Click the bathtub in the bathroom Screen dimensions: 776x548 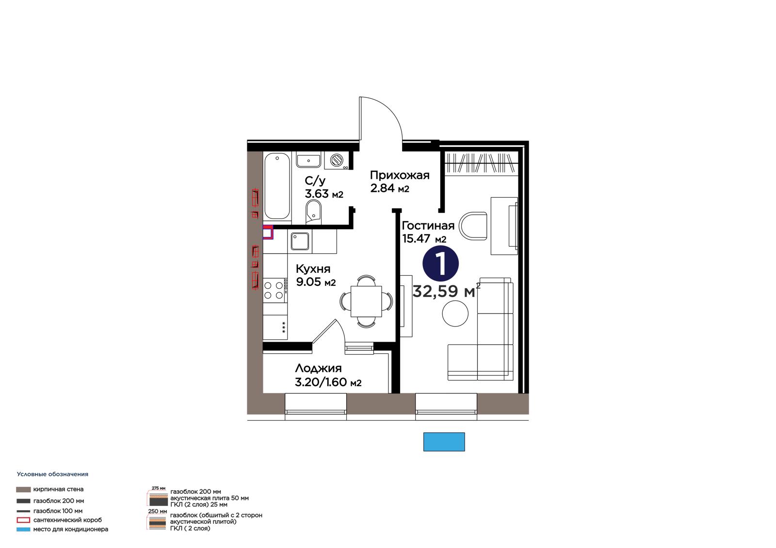click(277, 186)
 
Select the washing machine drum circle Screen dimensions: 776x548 click(337, 160)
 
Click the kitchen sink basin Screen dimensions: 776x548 click(300, 241)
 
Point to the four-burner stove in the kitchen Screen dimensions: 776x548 click(275, 290)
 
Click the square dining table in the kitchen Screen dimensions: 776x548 click(366, 301)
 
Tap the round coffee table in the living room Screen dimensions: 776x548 click(455, 313)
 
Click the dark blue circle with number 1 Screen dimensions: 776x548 click(441, 264)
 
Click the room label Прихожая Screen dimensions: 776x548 click(400, 175)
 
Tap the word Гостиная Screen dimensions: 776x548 click(428, 226)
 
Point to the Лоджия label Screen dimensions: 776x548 click(318, 368)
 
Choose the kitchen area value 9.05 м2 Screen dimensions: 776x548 click(316, 282)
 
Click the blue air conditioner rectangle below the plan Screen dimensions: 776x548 click(444, 442)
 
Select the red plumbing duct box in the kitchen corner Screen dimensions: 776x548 click(268, 232)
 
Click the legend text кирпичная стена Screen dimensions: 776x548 click(58, 489)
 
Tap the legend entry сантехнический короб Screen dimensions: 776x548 click(67, 519)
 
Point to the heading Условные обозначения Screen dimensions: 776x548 click(52, 474)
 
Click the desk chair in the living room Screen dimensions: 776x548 click(473, 226)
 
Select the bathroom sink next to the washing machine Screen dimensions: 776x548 click(308, 161)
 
